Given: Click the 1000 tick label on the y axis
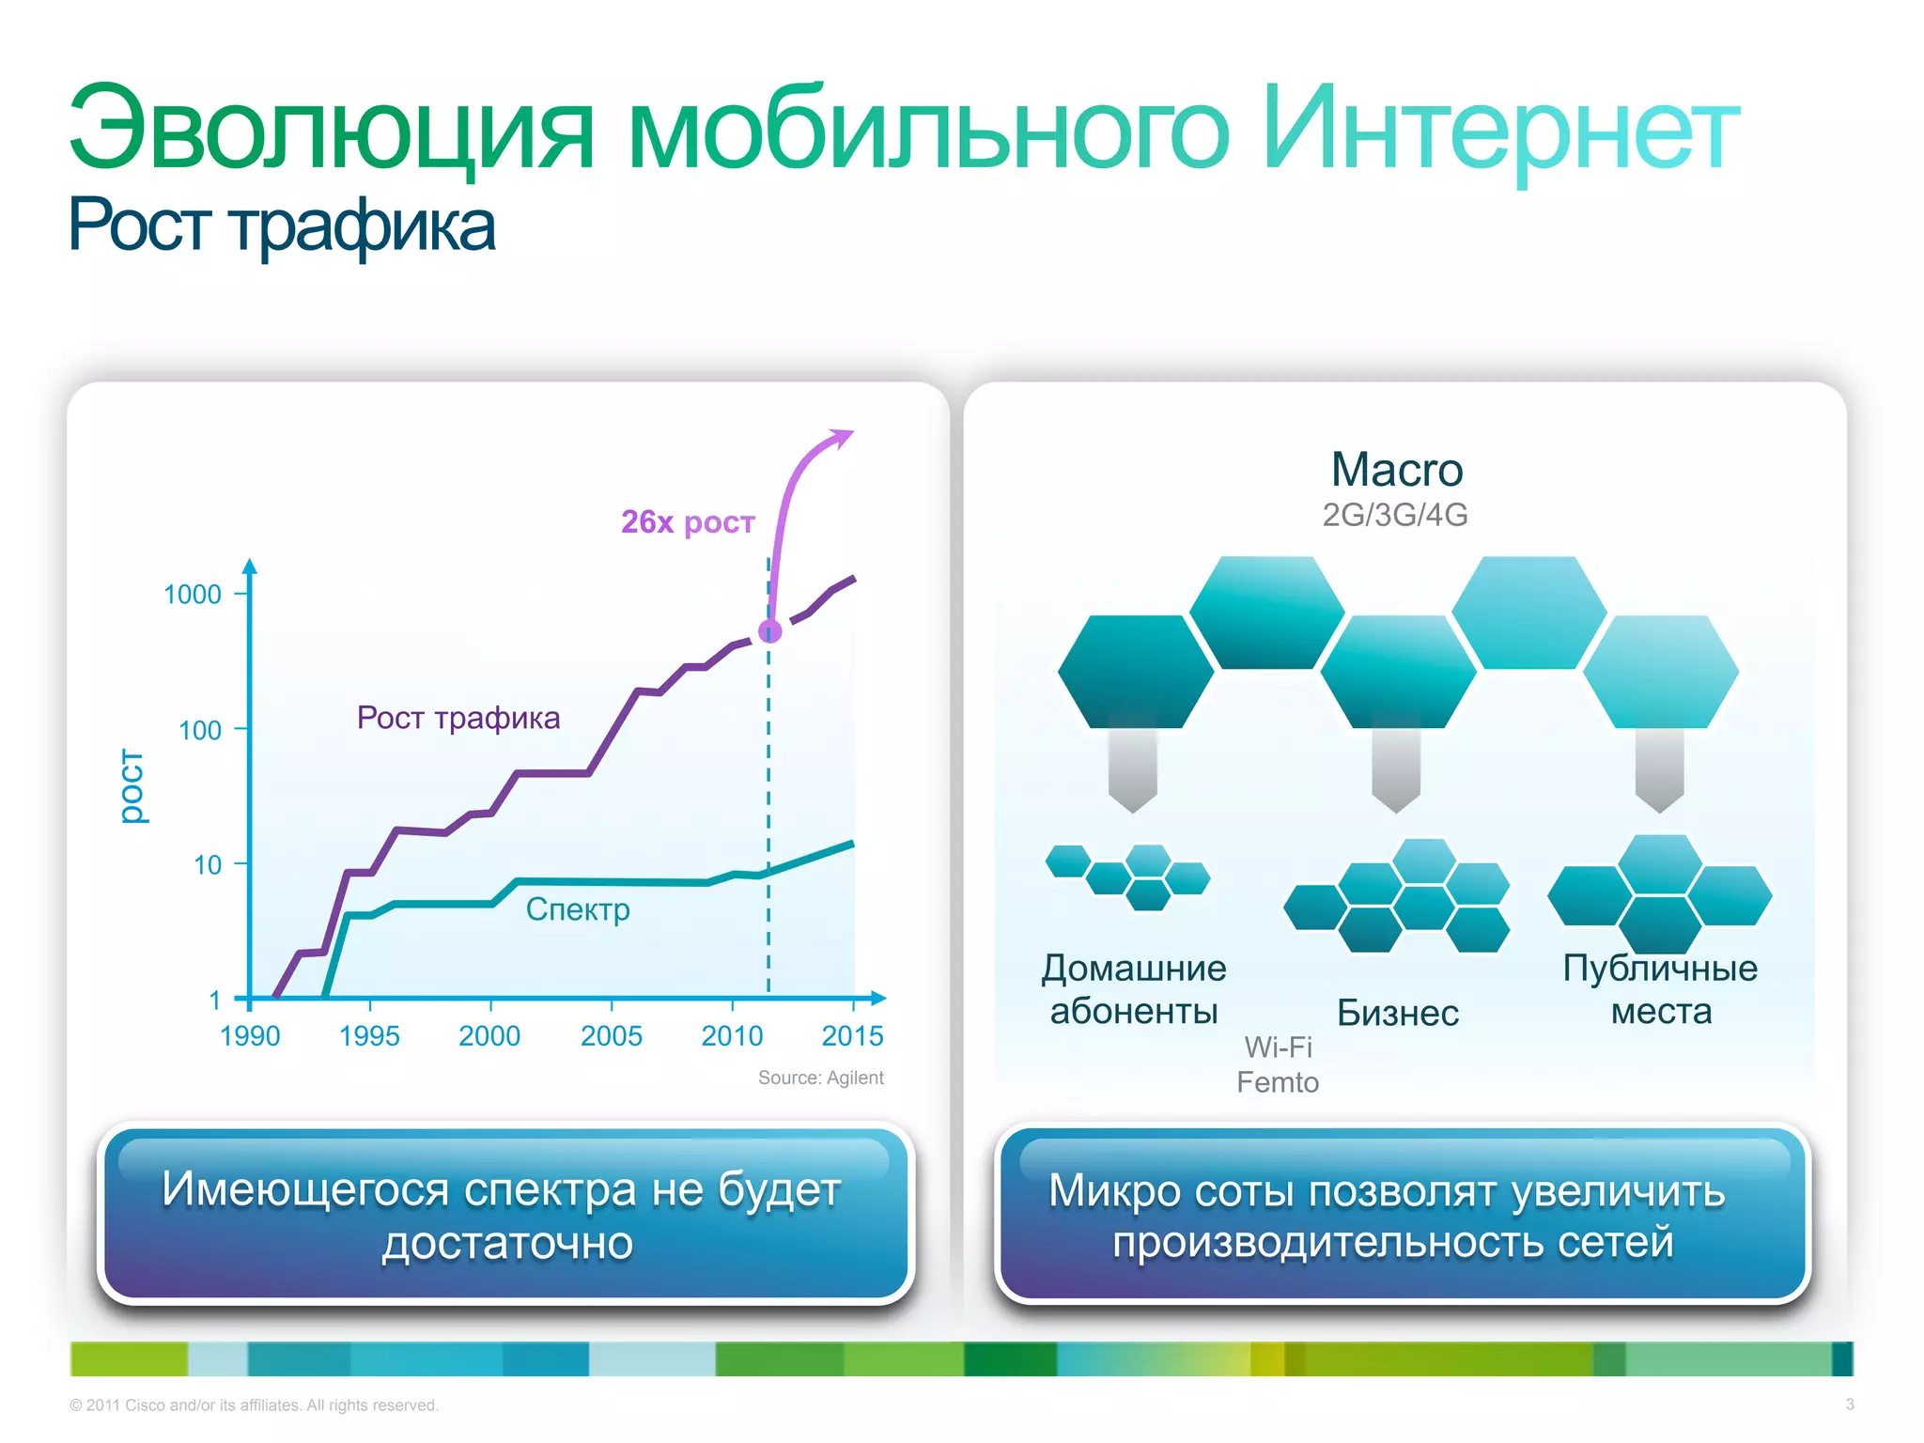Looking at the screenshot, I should click(x=193, y=595).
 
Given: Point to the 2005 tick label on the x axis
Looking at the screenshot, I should click(x=612, y=1036).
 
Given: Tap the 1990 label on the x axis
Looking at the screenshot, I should click(x=250, y=1036).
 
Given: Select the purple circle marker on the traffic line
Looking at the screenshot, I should click(x=770, y=631).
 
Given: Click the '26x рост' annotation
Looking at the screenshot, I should click(x=688, y=521).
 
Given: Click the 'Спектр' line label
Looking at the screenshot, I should click(x=578, y=909).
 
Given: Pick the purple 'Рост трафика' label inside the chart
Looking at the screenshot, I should click(x=458, y=718).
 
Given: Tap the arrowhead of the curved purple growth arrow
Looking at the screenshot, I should click(x=841, y=437).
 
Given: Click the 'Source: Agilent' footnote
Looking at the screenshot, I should click(x=820, y=1078).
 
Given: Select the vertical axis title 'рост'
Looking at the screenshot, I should click(x=132, y=786).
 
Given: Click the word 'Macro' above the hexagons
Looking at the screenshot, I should click(x=1397, y=470).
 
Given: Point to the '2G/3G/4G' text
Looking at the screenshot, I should click(x=1395, y=515).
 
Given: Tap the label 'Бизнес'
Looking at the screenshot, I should click(x=1398, y=1013).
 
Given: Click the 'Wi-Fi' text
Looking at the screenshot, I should click(x=1278, y=1047).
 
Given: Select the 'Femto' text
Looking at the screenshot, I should click(x=1278, y=1082).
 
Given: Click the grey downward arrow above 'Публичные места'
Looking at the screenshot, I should click(x=1659, y=770).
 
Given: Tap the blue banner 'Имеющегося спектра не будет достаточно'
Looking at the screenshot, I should click(x=505, y=1215).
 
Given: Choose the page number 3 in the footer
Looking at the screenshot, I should click(x=1849, y=1404).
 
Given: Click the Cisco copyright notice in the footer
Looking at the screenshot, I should click(x=254, y=1405).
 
